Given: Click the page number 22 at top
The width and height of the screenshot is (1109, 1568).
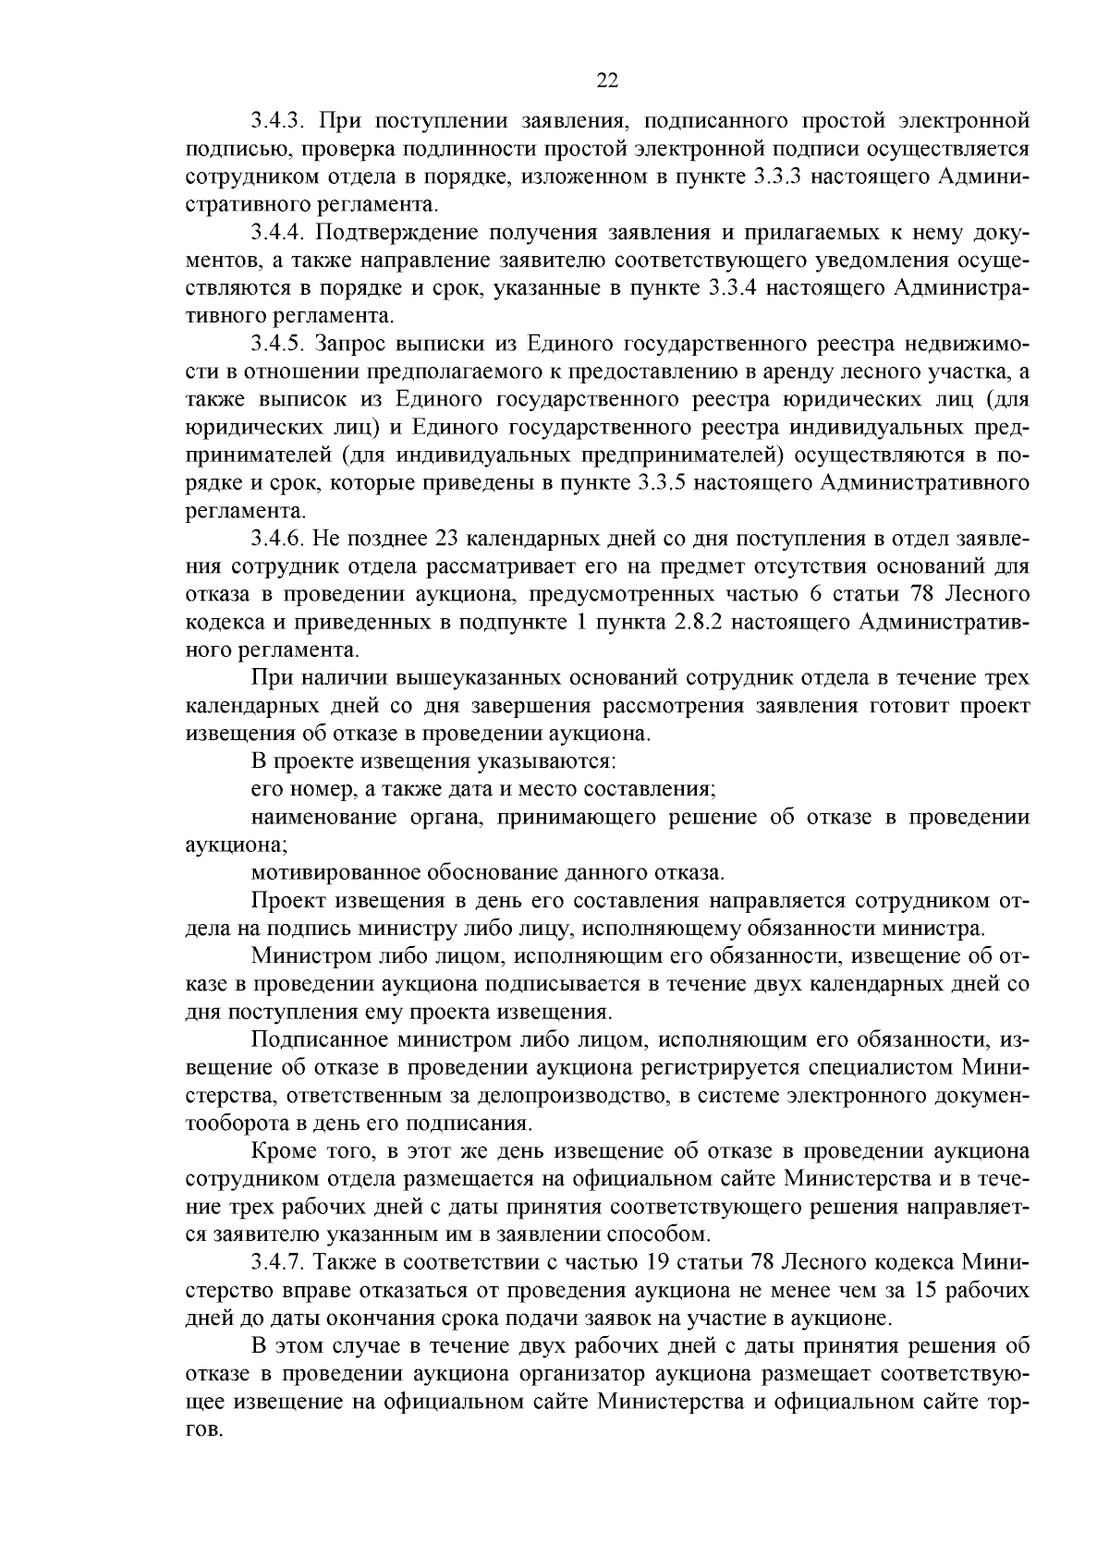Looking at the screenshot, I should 606,80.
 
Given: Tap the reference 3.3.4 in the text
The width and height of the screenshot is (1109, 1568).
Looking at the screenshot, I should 733,287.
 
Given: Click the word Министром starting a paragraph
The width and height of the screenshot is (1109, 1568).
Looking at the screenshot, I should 305,956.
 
